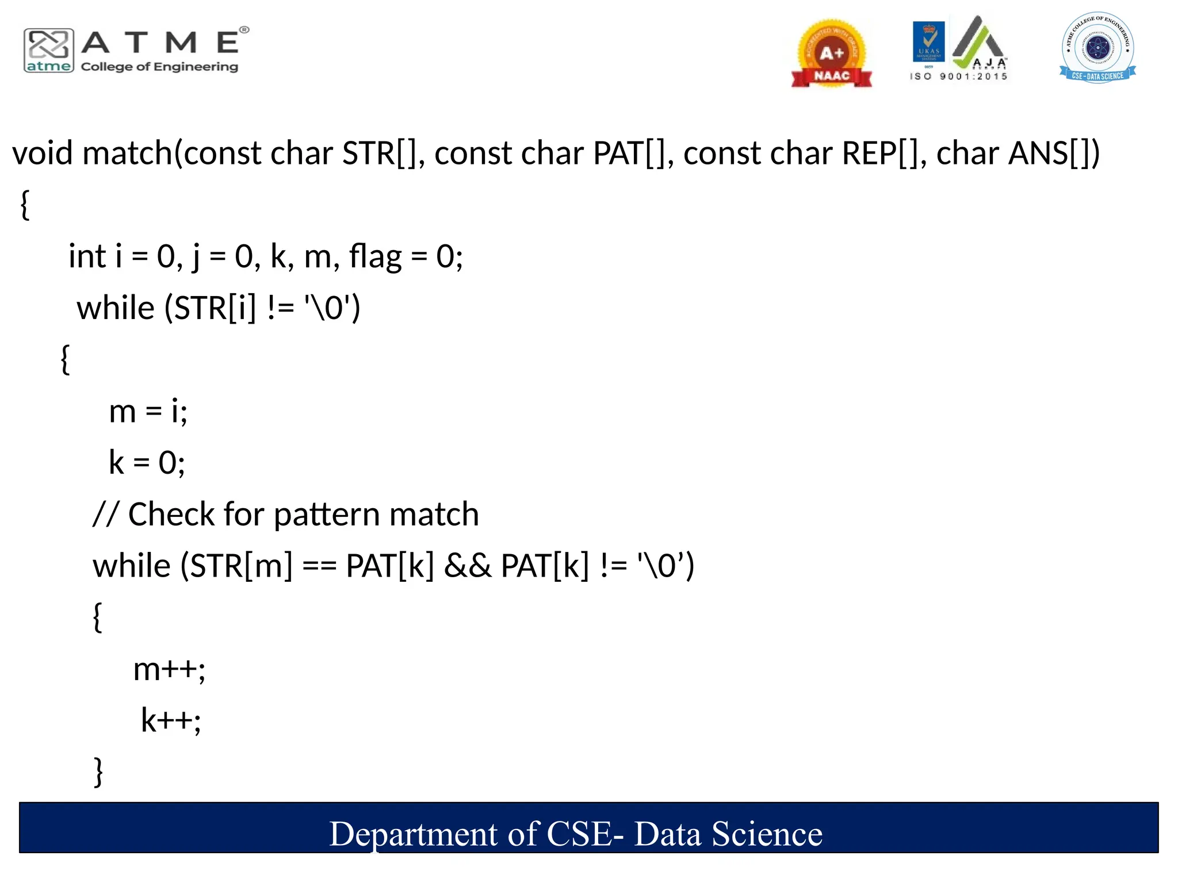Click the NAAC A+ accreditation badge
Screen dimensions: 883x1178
[831, 53]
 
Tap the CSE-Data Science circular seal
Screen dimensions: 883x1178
[1097, 47]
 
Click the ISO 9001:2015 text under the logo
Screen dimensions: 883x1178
[958, 76]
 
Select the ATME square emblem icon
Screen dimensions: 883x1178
[49, 50]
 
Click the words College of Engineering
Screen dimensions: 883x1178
[159, 67]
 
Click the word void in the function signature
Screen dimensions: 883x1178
[43, 153]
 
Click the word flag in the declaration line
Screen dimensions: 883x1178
[375, 256]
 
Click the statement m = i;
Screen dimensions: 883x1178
[148, 412]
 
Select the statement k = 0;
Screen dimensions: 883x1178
[147, 463]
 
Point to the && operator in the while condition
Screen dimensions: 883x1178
[467, 566]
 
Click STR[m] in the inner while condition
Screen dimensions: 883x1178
[241, 566]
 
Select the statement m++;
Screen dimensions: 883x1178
[169, 669]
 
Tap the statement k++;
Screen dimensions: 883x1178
[171, 720]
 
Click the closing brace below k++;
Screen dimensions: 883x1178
[98, 771]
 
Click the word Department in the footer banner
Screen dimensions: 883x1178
[413, 834]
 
